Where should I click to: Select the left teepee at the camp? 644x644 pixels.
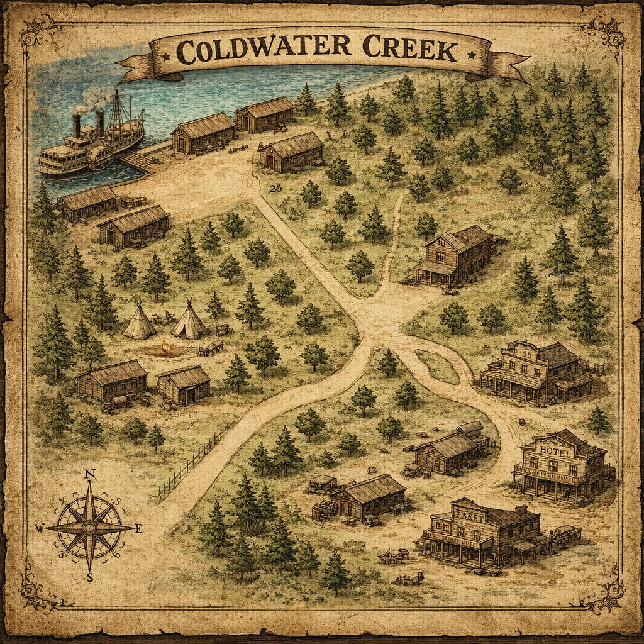coord(140,322)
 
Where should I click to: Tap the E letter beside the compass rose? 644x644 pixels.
coord(138,529)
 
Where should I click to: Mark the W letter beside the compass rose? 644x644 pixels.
coord(40,529)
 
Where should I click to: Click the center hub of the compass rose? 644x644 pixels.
coord(90,526)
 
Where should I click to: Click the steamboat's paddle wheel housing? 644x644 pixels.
coord(101,158)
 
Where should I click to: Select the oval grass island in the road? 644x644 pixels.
coord(436,366)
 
